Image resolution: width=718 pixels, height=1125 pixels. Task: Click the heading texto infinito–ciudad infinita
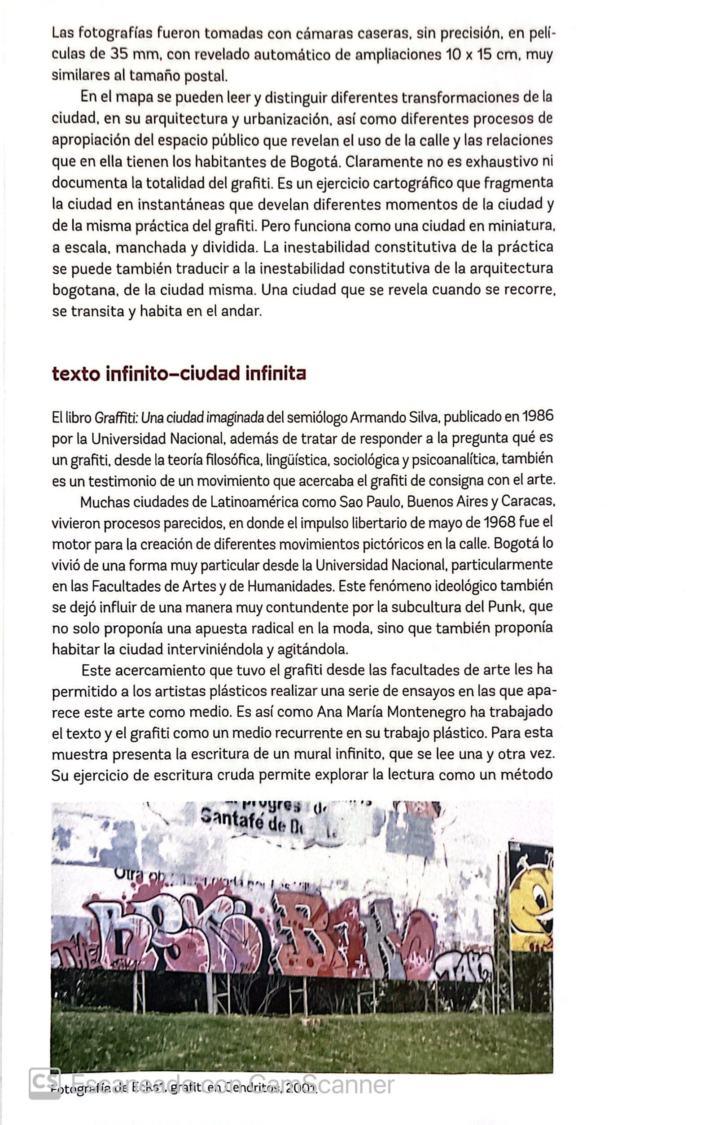click(x=179, y=374)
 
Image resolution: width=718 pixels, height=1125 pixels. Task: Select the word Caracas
click(x=528, y=501)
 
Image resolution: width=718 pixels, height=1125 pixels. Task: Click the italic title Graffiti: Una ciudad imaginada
click(x=179, y=417)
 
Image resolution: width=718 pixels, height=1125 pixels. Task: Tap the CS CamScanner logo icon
click(x=45, y=1083)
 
